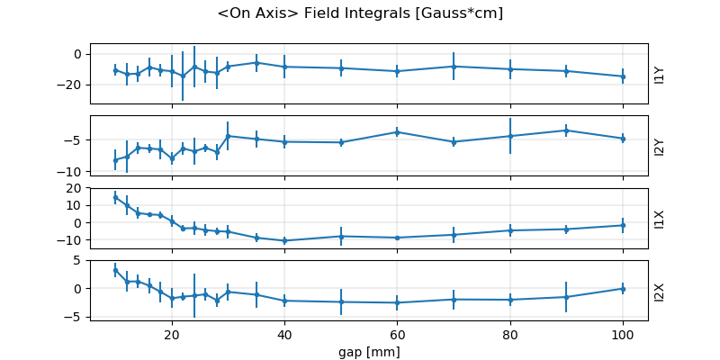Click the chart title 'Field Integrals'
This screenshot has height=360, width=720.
(x=360, y=13)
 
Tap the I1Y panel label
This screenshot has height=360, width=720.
(x=660, y=74)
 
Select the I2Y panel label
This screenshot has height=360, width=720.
(x=660, y=146)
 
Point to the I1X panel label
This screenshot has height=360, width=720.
(x=660, y=218)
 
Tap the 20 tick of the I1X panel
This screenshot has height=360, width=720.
(x=76, y=188)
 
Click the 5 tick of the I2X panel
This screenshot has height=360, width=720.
(x=79, y=260)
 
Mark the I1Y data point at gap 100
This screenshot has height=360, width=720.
(x=623, y=76)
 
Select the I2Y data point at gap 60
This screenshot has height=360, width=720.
(x=397, y=132)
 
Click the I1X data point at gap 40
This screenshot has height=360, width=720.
(x=284, y=240)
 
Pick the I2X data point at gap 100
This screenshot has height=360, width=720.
(x=623, y=288)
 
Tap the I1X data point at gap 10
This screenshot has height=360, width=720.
(x=115, y=197)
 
